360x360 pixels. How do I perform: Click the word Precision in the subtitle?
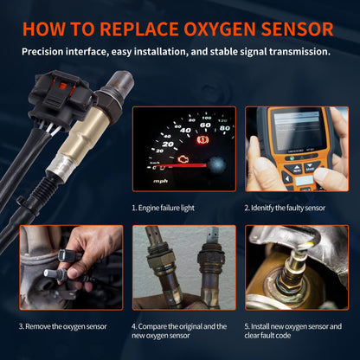[48, 51]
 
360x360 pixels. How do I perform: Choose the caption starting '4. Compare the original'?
[180, 331]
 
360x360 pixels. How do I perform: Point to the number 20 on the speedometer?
[168, 144]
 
